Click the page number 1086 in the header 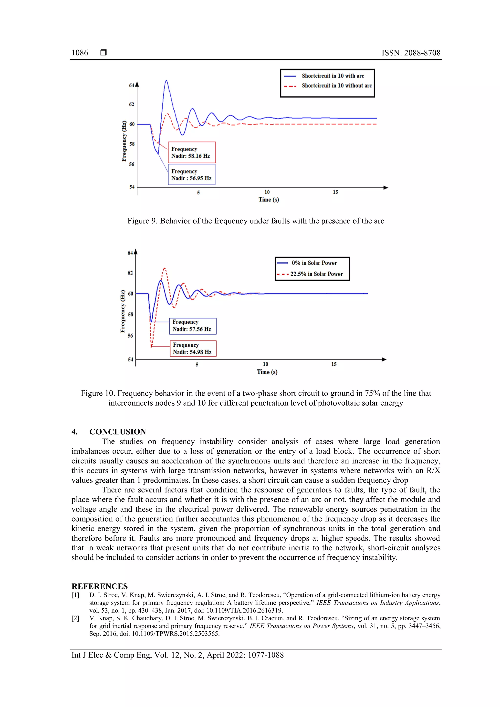80,53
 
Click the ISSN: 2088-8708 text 411,53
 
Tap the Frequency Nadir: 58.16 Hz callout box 192,153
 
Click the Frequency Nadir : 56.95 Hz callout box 192,174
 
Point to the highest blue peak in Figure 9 166,81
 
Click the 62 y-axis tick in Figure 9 132,104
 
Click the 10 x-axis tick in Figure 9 267,192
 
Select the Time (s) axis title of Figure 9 269,200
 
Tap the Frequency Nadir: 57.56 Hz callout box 193,326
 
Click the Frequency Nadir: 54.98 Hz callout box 193,348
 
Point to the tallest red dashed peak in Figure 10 165,268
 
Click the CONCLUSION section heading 117,431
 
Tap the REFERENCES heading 100,586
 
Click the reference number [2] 75,618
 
